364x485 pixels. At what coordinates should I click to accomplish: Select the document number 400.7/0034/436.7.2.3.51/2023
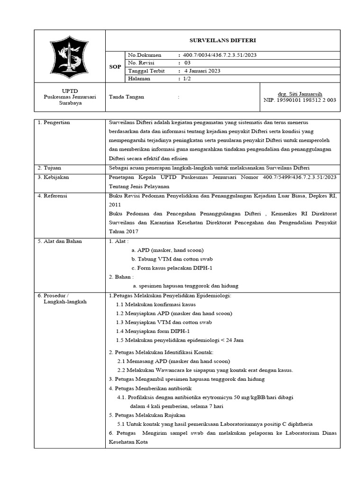[x=219, y=55]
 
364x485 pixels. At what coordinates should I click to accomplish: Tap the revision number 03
[x=187, y=63]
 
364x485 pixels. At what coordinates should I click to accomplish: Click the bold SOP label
[x=116, y=67]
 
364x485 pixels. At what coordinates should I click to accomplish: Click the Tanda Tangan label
[x=127, y=97]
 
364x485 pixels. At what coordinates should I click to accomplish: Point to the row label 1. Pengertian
[x=54, y=123]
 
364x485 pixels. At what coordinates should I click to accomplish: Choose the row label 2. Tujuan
[x=50, y=168]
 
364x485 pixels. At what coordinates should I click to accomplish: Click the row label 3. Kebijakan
[x=53, y=177]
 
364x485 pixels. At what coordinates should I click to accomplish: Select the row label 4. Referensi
[x=53, y=195]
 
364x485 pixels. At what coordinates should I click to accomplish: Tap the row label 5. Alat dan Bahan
[x=59, y=241]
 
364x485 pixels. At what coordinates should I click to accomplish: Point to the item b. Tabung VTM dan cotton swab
[x=172, y=259]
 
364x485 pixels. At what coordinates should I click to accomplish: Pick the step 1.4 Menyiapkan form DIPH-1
[x=153, y=331]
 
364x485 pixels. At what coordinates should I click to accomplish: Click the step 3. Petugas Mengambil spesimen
[x=187, y=379]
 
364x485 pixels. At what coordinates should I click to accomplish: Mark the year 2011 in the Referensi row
[x=115, y=204]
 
